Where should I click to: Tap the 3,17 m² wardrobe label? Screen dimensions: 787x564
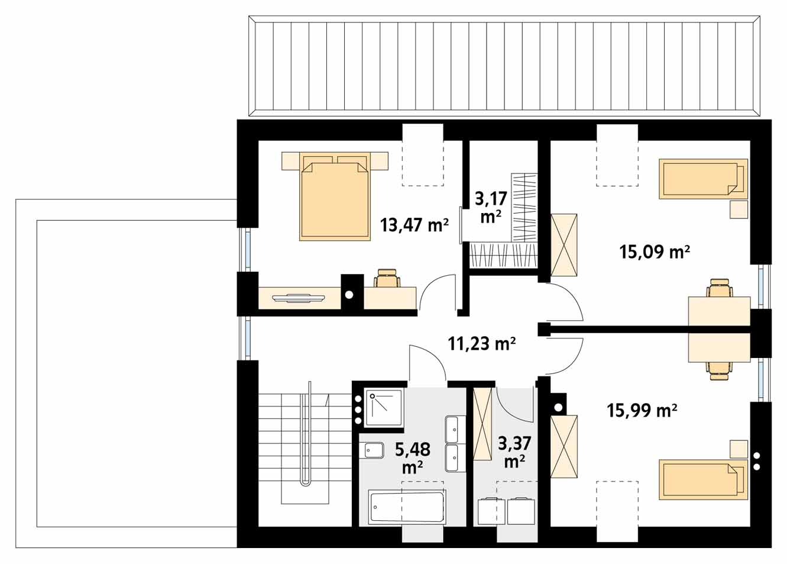point(491,208)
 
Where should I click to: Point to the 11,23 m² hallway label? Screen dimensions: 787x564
point(482,343)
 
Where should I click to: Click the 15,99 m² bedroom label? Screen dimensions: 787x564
point(642,410)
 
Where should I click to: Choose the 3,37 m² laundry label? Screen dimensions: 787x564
point(514,452)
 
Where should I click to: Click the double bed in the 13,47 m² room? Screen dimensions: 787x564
point(335,196)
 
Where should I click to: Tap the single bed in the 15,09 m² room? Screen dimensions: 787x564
point(703,179)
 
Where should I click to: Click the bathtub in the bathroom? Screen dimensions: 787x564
point(407,507)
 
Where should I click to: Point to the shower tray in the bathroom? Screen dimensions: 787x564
point(383,408)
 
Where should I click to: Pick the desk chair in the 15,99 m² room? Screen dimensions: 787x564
point(720,371)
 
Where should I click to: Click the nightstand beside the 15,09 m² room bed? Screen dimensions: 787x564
point(739,210)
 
